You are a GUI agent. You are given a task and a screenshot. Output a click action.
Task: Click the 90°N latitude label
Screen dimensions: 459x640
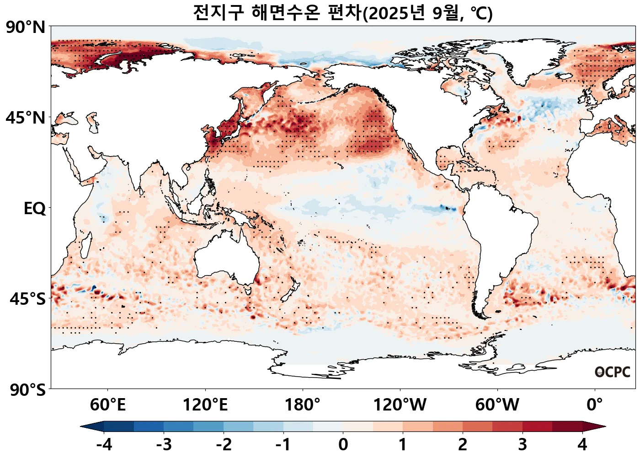[26, 27]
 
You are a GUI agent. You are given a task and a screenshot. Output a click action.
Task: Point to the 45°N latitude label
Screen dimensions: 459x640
[26, 118]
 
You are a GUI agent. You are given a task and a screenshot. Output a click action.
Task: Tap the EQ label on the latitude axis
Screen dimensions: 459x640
[35, 209]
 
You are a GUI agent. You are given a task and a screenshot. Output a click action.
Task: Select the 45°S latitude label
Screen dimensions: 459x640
[27, 299]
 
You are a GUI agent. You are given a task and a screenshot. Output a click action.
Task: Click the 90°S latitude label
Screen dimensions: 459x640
[27, 390]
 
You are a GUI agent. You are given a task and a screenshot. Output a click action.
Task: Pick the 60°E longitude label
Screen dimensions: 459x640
[107, 405]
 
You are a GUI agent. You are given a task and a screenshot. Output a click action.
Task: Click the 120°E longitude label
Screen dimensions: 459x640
[205, 405]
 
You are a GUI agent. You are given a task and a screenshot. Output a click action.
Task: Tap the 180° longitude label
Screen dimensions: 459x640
[303, 405]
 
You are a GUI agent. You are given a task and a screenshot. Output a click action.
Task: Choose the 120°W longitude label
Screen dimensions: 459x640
[400, 405]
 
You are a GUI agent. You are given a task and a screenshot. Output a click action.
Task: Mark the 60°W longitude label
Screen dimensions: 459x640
[497, 405]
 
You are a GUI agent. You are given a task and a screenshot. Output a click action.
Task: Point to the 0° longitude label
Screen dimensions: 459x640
[595, 405]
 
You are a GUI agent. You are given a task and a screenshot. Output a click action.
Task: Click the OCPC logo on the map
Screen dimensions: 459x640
[612, 372]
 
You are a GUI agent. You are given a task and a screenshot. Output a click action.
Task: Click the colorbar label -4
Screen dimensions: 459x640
[104, 444]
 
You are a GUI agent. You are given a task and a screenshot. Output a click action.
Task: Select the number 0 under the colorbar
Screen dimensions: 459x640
[343, 444]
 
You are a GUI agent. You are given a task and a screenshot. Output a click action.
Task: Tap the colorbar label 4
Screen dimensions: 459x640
[582, 444]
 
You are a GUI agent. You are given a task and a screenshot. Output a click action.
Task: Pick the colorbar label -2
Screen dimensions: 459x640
[224, 444]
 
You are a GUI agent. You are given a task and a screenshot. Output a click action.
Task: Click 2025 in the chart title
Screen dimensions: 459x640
[389, 13]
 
